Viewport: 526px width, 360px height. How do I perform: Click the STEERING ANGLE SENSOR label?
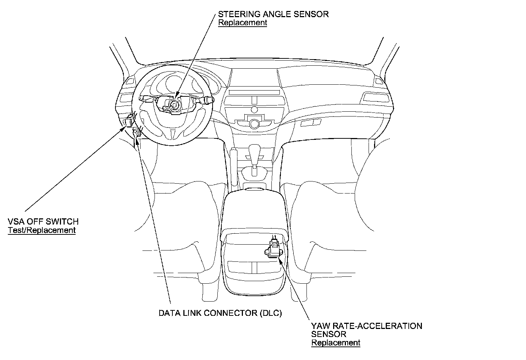273,14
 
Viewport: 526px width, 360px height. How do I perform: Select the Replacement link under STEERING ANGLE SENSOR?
243,23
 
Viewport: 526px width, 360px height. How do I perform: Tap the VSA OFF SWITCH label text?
43,221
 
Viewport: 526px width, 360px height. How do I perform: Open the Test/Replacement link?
42,230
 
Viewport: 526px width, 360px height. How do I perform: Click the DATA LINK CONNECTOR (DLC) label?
220,313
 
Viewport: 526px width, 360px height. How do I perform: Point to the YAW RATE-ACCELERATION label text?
366,326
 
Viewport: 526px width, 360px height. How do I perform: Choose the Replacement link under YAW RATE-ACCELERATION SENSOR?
335,343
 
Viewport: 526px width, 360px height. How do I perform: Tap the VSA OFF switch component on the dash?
129,121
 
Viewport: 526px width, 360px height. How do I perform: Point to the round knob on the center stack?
254,124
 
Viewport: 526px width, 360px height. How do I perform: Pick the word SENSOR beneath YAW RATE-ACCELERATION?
328,334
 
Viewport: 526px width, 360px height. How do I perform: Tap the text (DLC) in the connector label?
271,313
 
